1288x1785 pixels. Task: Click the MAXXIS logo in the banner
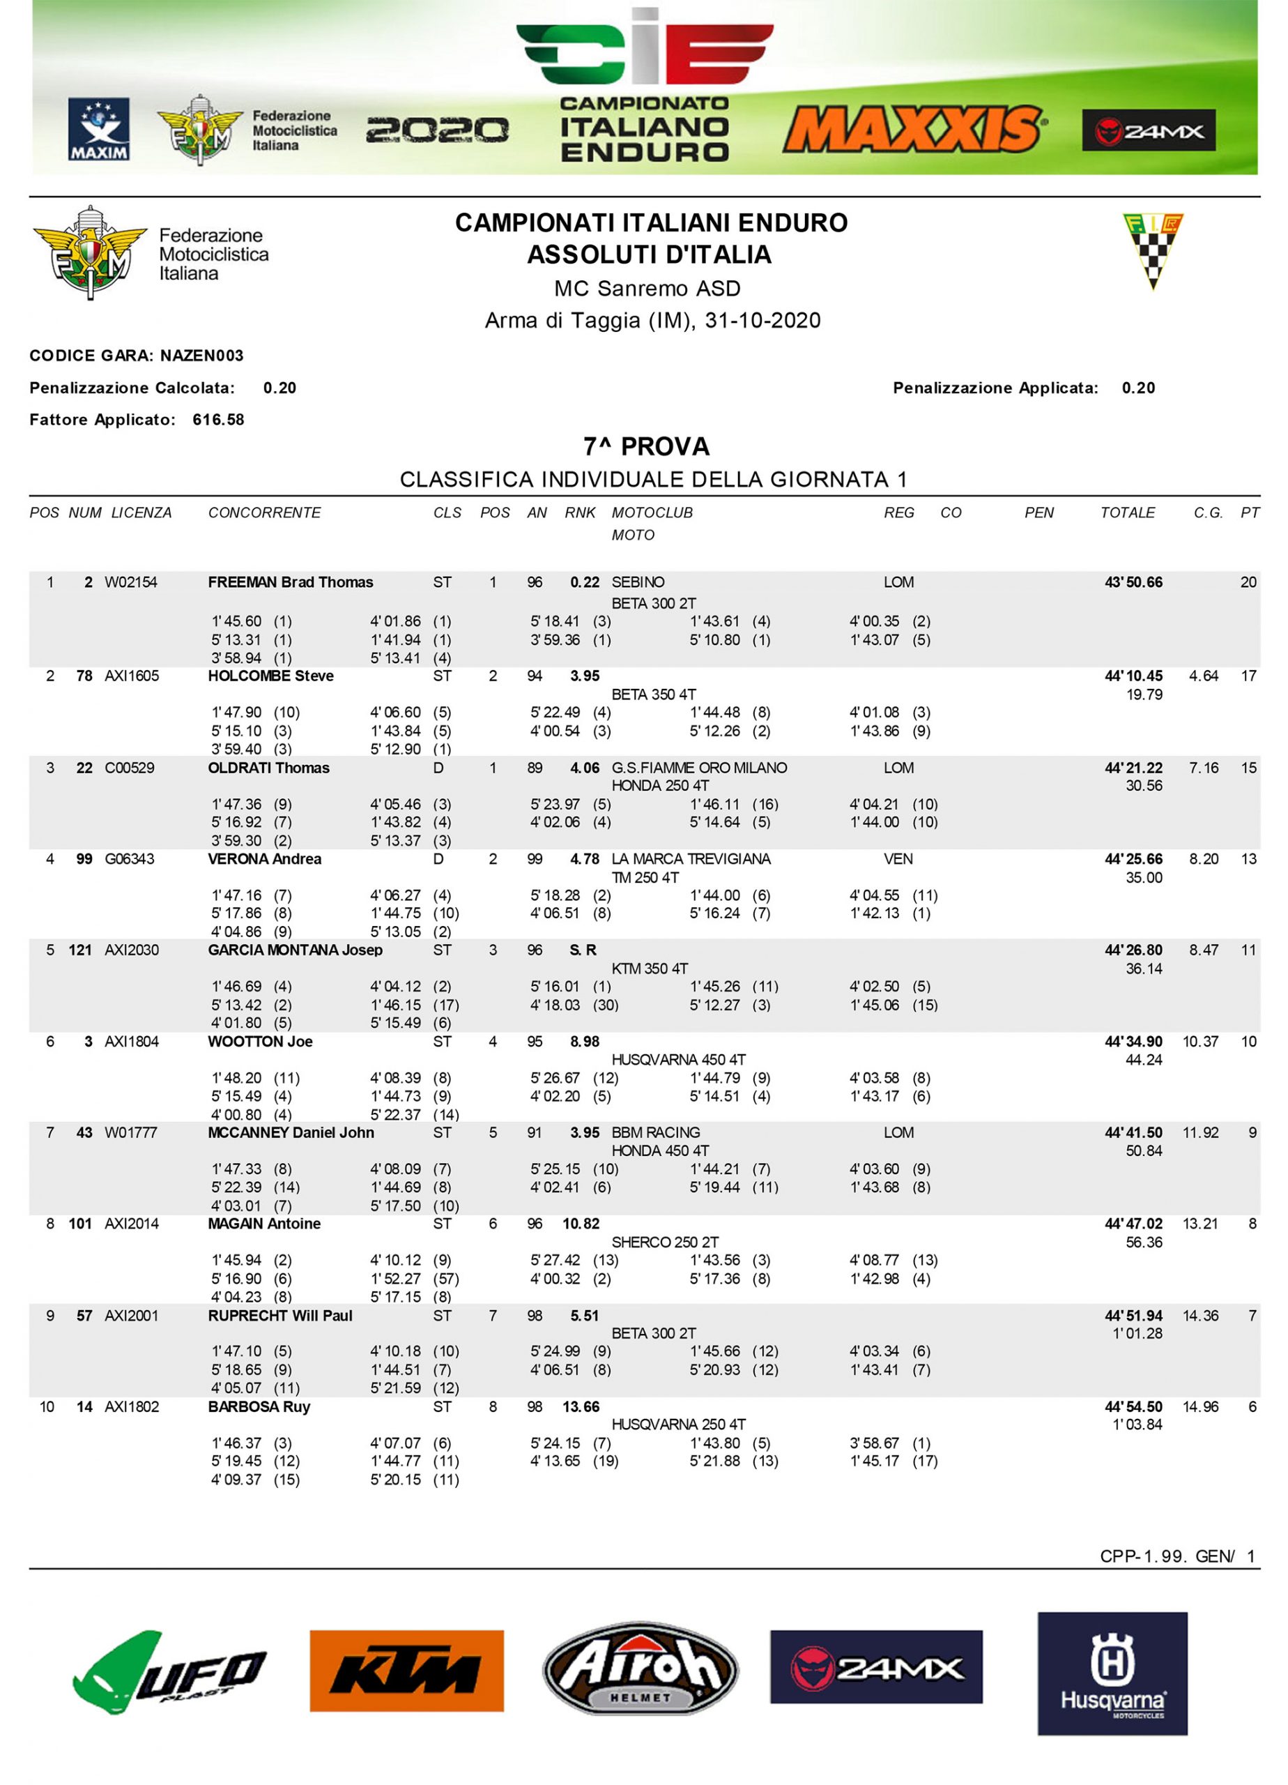coord(914,129)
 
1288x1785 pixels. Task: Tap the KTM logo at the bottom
coord(406,1670)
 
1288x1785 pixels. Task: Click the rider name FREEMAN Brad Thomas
coord(291,582)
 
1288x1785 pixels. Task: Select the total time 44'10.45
coord(1133,675)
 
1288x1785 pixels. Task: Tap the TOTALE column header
coord(1128,512)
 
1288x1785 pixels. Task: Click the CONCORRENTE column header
coord(264,512)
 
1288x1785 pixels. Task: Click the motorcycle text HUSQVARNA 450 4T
coord(678,1059)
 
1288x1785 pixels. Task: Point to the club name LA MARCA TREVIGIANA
coord(691,858)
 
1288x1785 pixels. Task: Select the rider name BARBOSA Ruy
coord(259,1406)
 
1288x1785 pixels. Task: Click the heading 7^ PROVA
coord(646,446)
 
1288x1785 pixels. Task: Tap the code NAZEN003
coord(201,356)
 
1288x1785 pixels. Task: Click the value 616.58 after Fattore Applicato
coord(218,420)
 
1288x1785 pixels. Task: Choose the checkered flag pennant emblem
coord(1153,250)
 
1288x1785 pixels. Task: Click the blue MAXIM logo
coord(99,129)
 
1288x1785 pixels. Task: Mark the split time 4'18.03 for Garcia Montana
coord(555,1005)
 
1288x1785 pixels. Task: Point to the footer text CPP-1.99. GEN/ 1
coord(1177,1556)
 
